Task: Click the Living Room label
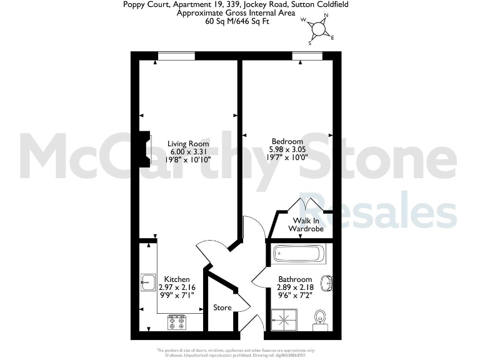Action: [188, 144]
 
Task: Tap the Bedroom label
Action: [287, 141]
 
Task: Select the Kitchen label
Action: [177, 279]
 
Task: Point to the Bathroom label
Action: [295, 279]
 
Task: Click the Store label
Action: [222, 307]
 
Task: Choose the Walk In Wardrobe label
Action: [306, 224]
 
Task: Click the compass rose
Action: [319, 29]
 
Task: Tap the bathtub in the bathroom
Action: [297, 254]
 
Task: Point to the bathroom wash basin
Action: [327, 283]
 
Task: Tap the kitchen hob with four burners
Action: [177, 322]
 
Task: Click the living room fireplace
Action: [145, 150]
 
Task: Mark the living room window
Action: [176, 56]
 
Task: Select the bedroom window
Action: [307, 56]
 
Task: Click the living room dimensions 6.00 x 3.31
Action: [188, 151]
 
